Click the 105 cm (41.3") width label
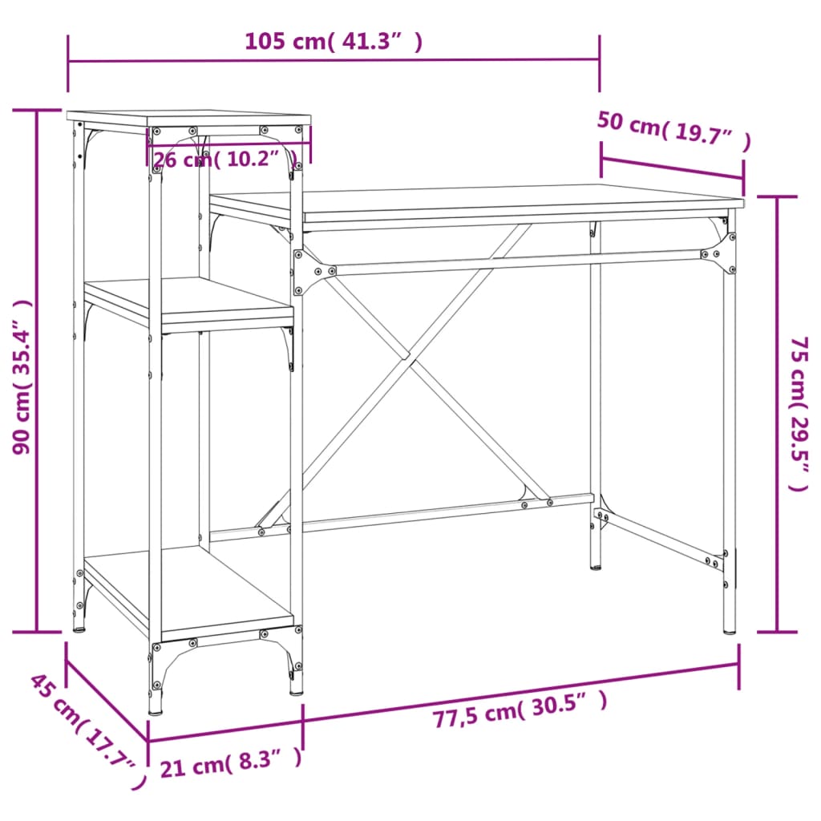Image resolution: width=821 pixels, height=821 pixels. pyautogui.click(x=333, y=42)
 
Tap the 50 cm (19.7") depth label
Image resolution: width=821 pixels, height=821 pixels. pyautogui.click(x=673, y=131)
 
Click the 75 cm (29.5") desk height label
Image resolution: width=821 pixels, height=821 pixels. pyautogui.click(x=799, y=413)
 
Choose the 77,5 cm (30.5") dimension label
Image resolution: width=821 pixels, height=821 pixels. pyautogui.click(x=520, y=712)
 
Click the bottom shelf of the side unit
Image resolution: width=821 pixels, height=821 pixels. pyautogui.click(x=188, y=589)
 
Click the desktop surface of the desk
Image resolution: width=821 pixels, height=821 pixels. pyautogui.click(x=481, y=200)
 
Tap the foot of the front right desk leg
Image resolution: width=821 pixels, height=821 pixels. pyautogui.click(x=729, y=630)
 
